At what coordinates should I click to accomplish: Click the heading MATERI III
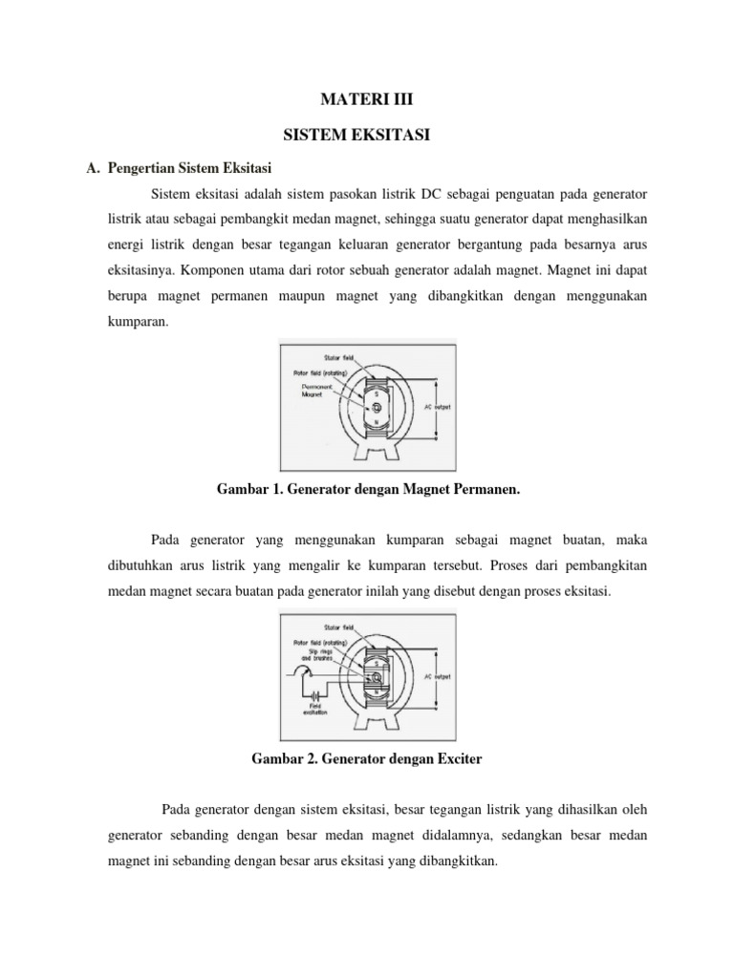click(367, 98)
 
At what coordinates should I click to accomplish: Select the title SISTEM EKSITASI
click(367, 137)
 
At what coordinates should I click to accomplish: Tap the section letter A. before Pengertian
click(93, 170)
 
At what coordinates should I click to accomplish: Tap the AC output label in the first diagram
click(439, 405)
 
